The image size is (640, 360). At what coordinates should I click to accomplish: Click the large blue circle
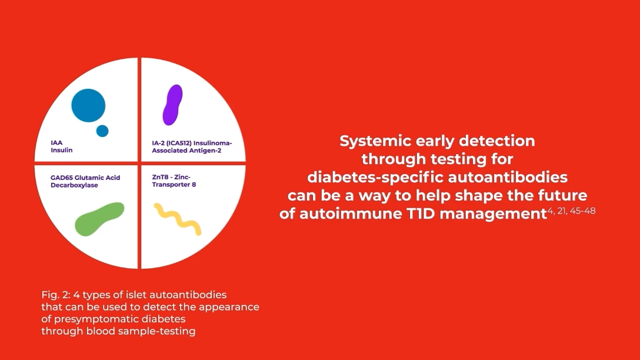point(88,105)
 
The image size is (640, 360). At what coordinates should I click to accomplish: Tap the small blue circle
point(102,131)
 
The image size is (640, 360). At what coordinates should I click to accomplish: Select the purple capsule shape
point(173,105)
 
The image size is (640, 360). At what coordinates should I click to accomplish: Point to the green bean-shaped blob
point(99,219)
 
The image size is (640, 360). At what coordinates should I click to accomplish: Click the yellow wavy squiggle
point(178,219)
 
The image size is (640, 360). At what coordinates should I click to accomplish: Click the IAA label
point(56,143)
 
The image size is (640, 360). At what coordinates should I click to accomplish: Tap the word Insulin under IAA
point(62,150)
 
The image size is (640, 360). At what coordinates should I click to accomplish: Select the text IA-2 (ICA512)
point(172,144)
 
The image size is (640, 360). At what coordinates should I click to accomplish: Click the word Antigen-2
point(206,150)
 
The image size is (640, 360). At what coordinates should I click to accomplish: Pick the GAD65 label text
point(62,178)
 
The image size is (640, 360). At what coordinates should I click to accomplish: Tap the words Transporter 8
point(174,185)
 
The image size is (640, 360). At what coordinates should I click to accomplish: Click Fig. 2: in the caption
point(55,295)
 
